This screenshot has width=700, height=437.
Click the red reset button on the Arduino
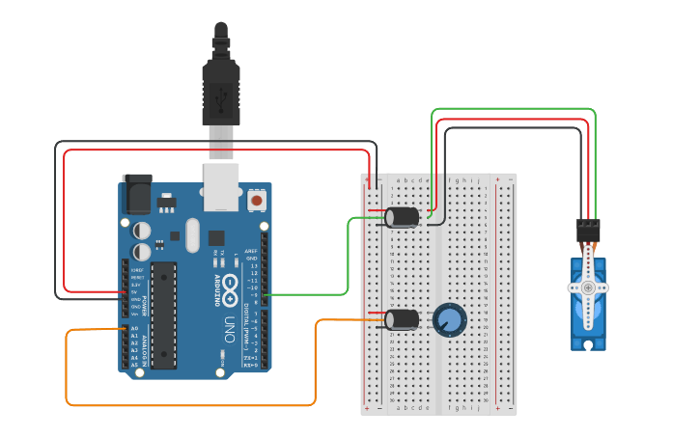click(257, 200)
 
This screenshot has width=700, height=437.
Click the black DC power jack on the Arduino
click(136, 193)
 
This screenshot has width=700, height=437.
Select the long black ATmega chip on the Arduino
click(163, 314)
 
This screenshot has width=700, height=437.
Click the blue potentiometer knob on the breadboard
click(449, 319)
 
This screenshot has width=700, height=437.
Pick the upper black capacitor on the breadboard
click(402, 217)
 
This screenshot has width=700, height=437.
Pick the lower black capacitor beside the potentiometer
click(402, 319)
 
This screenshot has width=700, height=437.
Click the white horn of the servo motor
click(588, 287)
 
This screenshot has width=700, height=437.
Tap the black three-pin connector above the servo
click(588, 230)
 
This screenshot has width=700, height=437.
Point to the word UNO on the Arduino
click(230, 323)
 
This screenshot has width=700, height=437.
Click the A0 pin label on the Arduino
click(133, 329)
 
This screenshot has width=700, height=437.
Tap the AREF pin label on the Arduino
click(251, 252)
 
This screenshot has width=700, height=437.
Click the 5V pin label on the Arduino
click(135, 291)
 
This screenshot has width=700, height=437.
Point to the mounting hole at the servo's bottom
click(586, 341)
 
